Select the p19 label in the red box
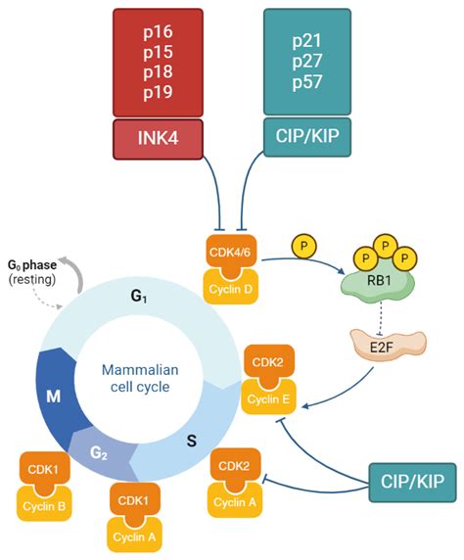[x=158, y=94]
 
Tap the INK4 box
[x=158, y=138]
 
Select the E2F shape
[x=389, y=342]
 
